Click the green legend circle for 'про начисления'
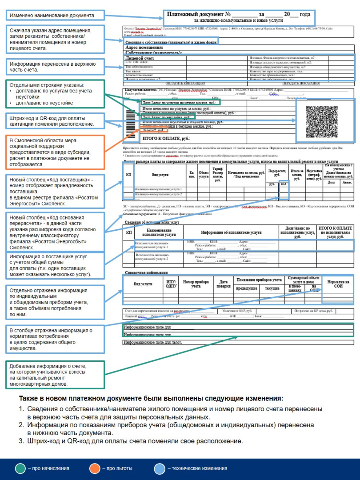[20, 468]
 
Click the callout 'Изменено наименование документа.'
[55, 16]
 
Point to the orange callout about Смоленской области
[55, 152]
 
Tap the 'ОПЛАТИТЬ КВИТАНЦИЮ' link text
[185, 83]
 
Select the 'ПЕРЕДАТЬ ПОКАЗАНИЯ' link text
[301, 83]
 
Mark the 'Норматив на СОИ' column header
[338, 284]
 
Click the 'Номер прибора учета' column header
[196, 284]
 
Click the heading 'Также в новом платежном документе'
[151, 399]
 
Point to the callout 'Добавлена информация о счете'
[55, 375]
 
